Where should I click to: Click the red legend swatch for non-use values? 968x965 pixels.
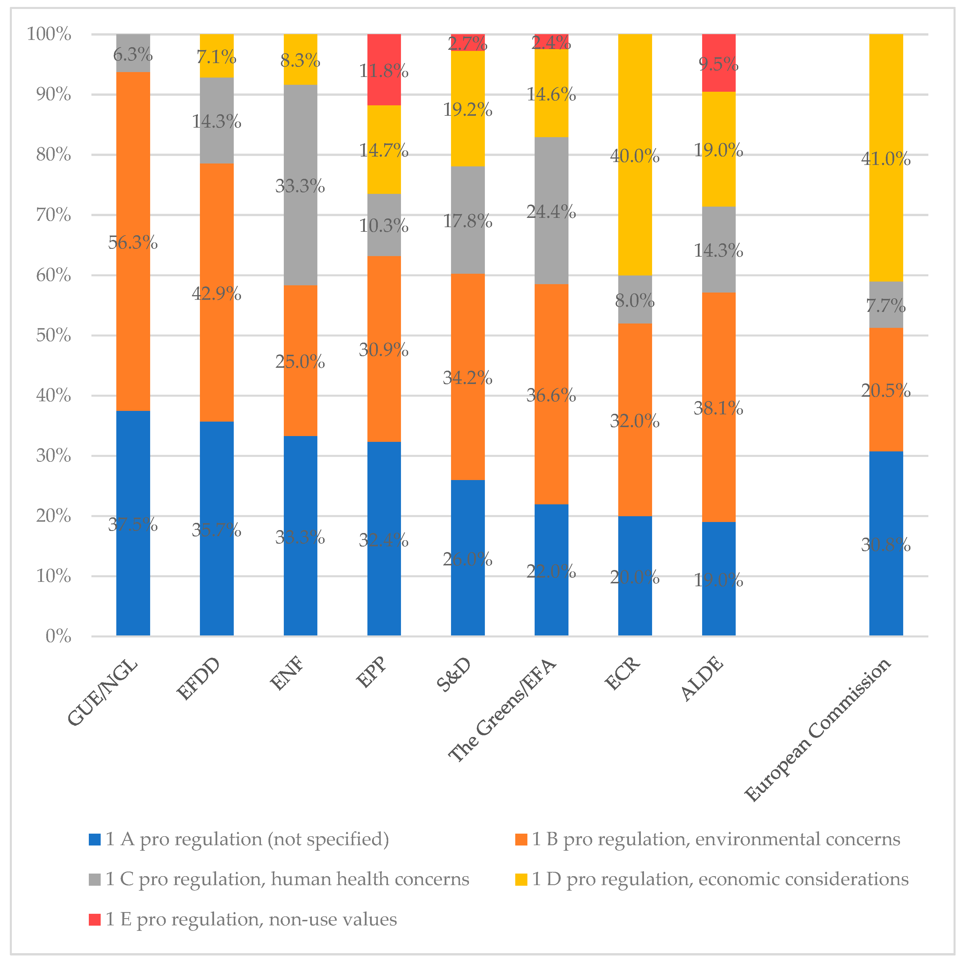(x=95, y=919)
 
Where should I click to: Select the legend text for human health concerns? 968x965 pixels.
(x=287, y=879)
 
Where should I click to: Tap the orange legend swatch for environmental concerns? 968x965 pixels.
(x=521, y=839)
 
